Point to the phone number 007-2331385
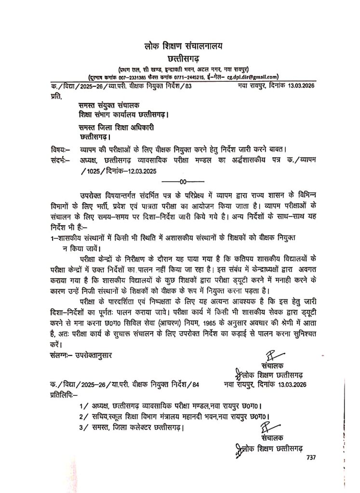(128, 77)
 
